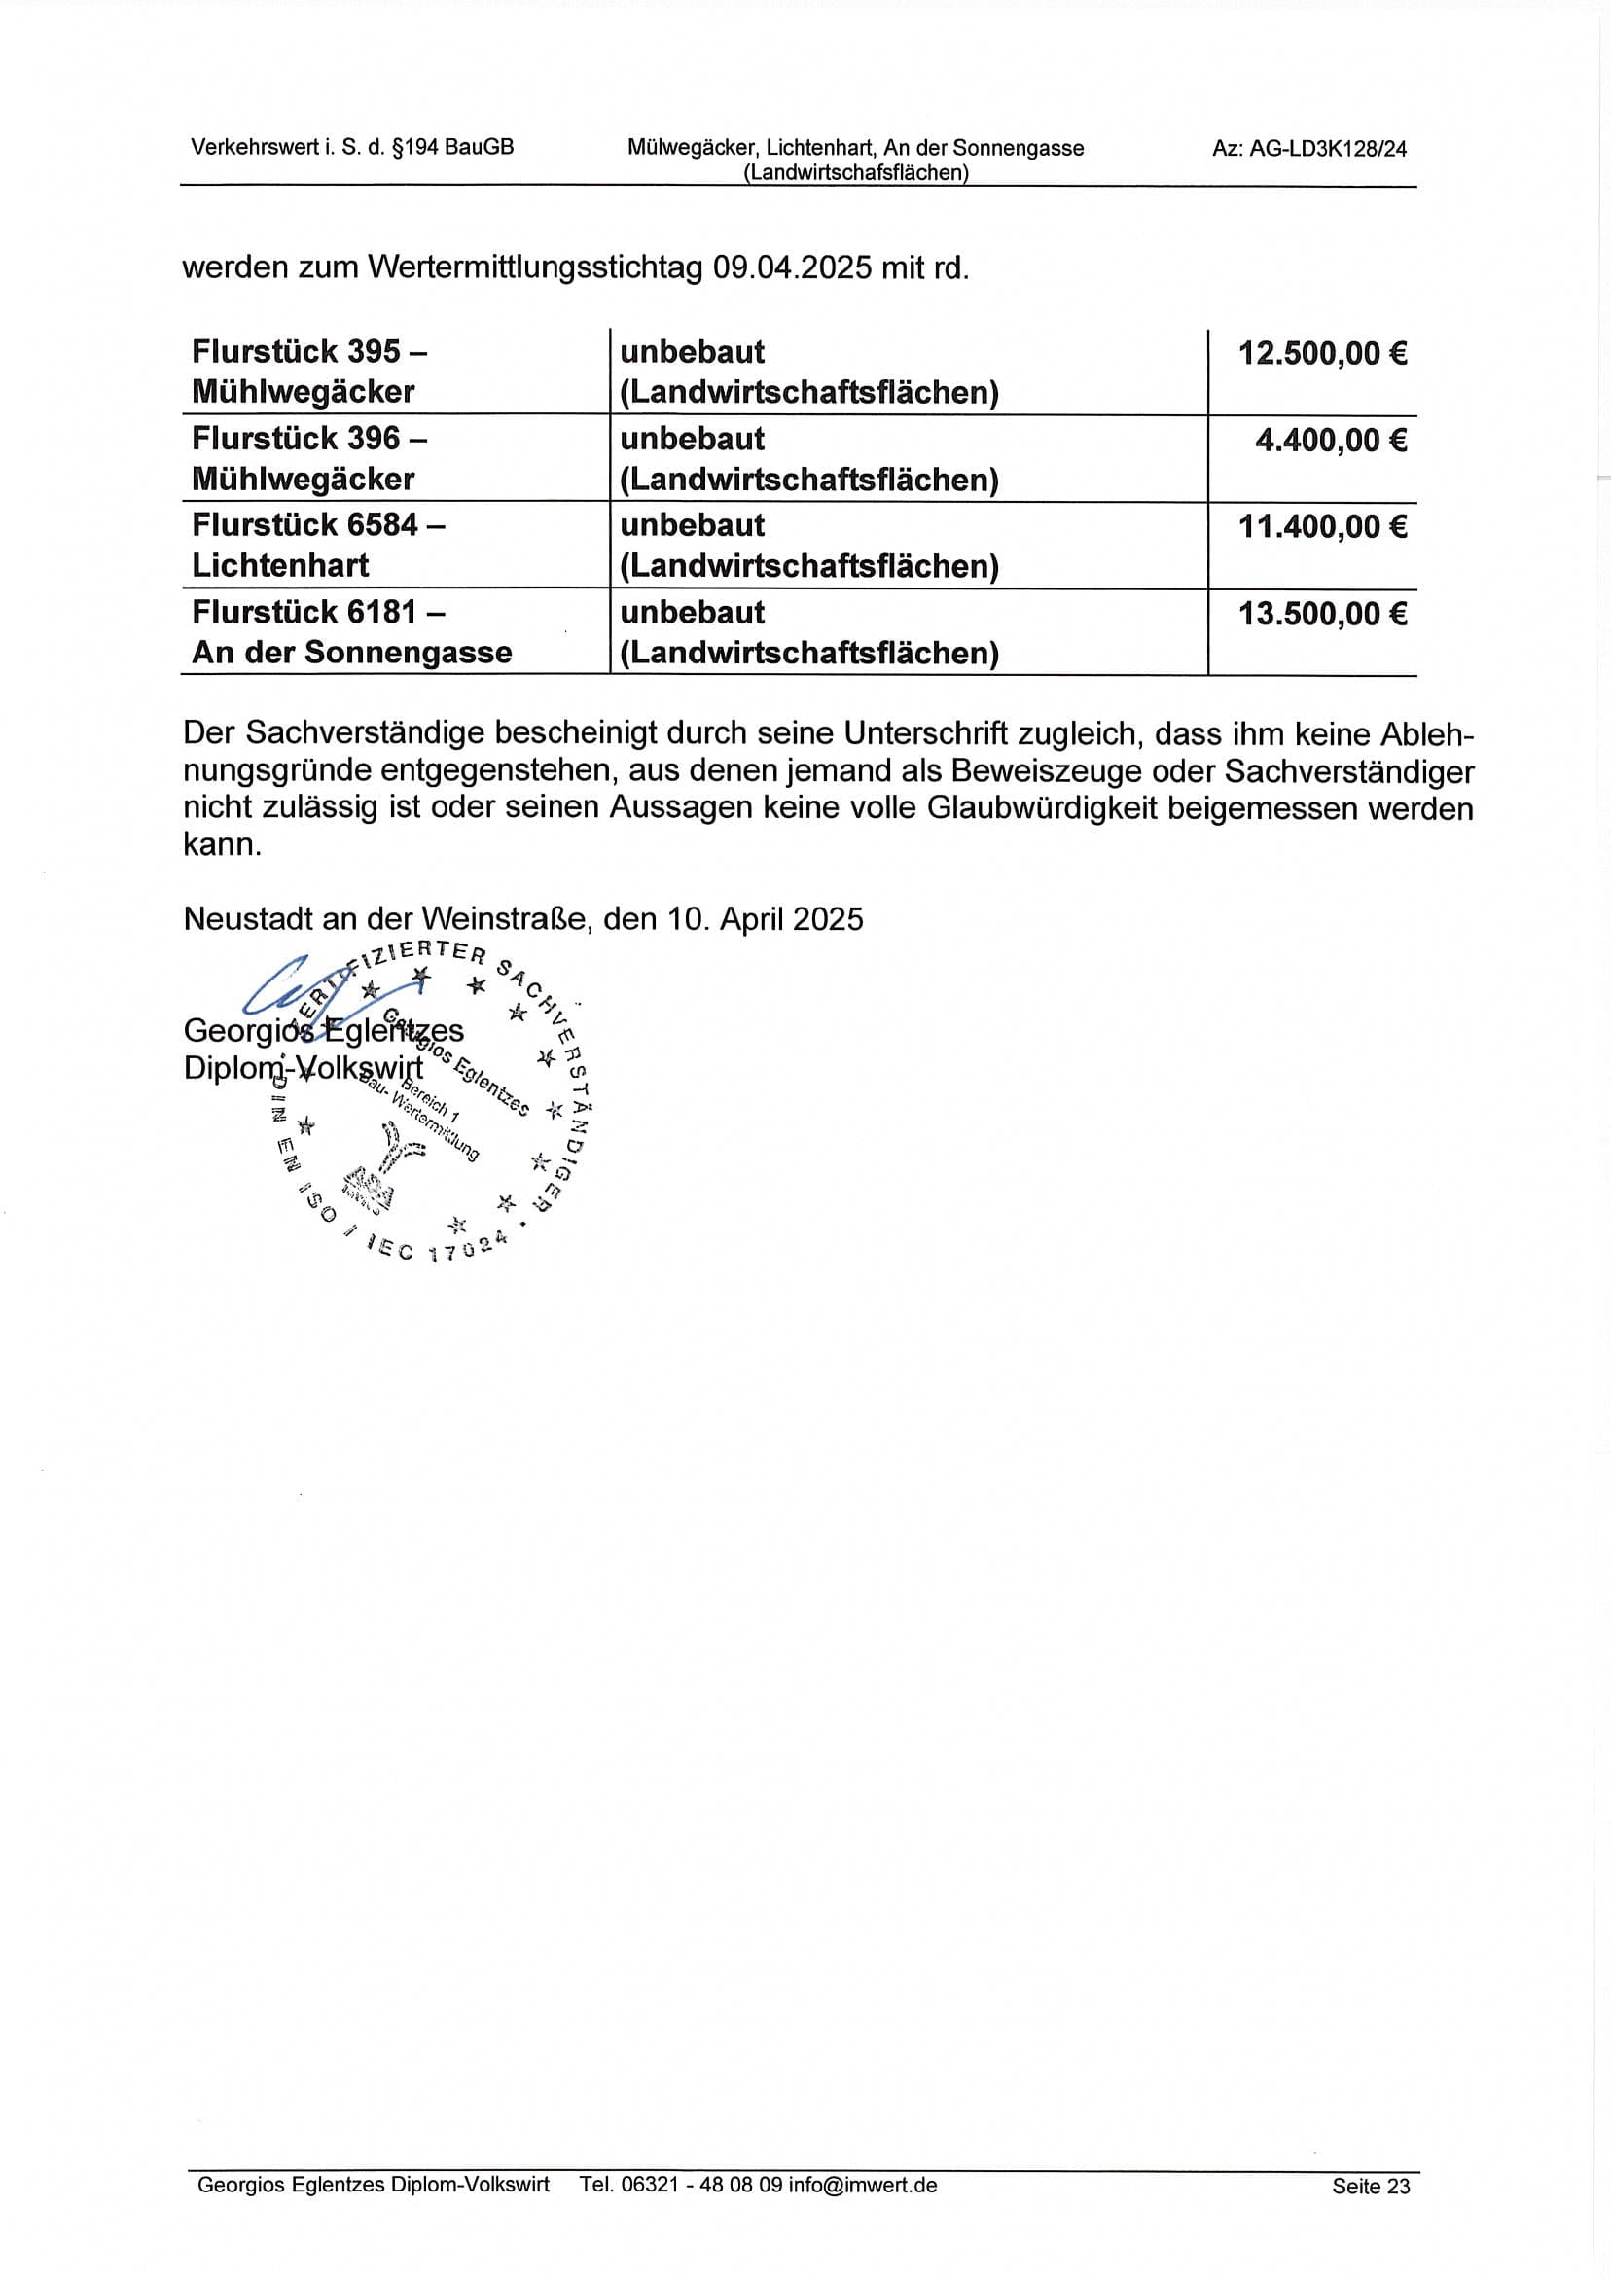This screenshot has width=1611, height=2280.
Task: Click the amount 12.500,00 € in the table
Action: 1321,353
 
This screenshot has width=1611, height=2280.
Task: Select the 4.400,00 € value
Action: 1330,440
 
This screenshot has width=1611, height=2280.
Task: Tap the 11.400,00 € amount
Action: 1321,526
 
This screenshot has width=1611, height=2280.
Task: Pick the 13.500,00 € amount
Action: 1321,614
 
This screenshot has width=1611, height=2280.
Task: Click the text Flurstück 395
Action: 296,351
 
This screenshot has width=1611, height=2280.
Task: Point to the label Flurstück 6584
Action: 304,524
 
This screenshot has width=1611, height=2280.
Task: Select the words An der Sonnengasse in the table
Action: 351,653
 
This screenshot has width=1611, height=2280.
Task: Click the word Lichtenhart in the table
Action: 280,566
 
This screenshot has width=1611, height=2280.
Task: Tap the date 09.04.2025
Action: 793,268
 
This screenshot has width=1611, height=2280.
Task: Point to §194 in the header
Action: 417,148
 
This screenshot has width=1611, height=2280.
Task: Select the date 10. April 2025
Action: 765,918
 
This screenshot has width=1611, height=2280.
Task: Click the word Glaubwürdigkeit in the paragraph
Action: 1043,809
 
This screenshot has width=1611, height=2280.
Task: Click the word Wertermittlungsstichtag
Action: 535,268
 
